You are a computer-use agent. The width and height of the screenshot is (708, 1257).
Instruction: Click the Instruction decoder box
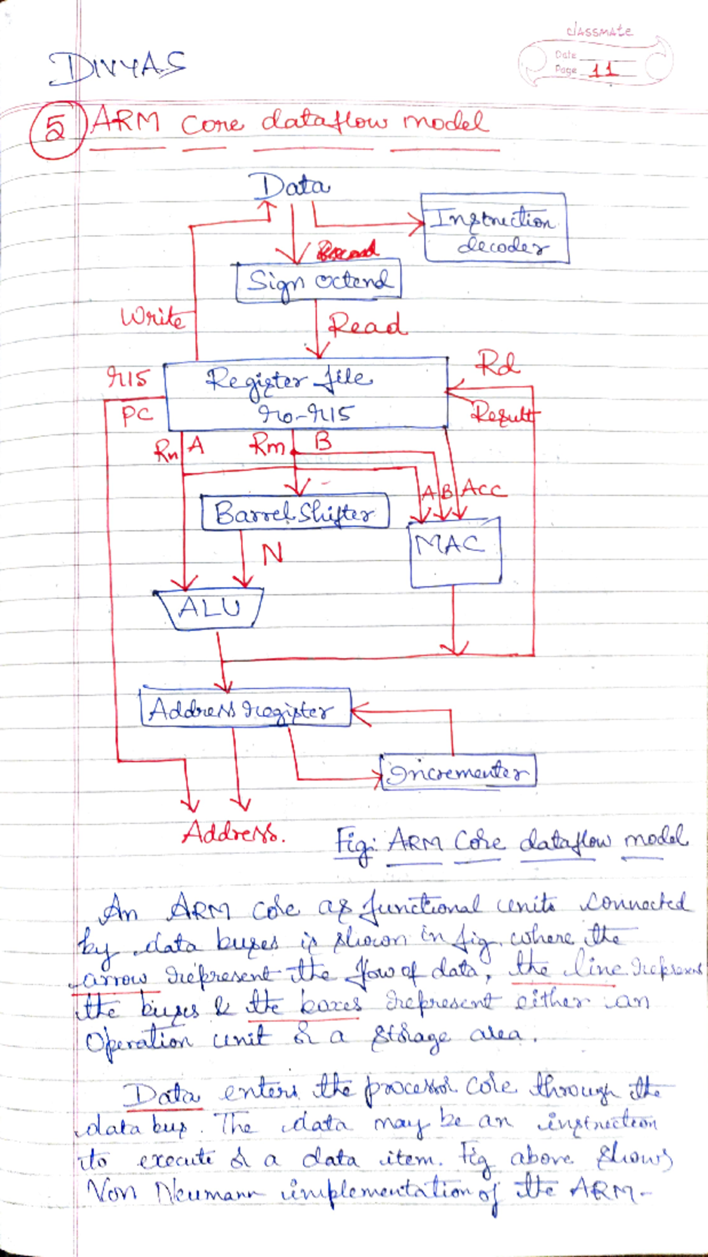point(494,228)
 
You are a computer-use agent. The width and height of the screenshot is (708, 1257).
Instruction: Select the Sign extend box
point(318,282)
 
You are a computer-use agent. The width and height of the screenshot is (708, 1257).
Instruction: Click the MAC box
point(455,553)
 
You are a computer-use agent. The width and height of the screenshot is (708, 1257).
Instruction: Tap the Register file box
point(306,393)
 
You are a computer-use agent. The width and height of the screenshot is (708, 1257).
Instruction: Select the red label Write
point(153,318)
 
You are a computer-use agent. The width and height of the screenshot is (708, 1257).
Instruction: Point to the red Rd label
point(498,364)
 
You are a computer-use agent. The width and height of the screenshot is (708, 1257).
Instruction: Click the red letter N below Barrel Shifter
point(272,553)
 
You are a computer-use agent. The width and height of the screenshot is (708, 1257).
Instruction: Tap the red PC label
point(137,416)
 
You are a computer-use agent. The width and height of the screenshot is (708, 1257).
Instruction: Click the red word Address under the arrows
point(232,834)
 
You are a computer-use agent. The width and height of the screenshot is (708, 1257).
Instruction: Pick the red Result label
point(504,413)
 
